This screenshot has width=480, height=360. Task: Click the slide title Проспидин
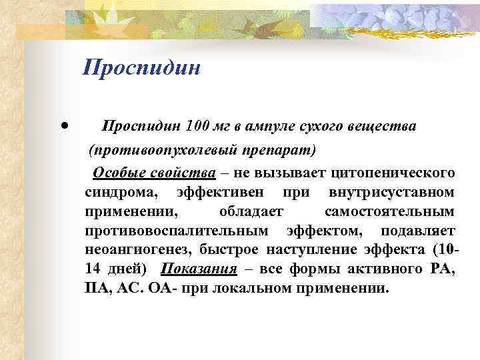coord(142,68)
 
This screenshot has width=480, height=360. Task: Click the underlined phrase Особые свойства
coord(154,173)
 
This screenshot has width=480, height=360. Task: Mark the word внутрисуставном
coord(392,193)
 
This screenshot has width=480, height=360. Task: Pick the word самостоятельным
coord(390,212)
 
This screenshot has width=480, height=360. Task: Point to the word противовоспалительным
coord(177,231)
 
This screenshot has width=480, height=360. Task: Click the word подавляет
coord(418,231)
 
